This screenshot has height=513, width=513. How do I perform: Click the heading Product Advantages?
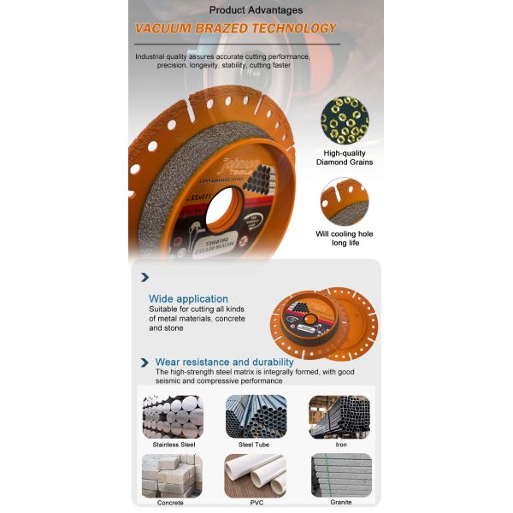coord(256,10)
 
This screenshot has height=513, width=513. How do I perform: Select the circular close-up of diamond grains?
coord(345,121)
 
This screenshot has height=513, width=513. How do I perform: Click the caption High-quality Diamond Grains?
coord(345,157)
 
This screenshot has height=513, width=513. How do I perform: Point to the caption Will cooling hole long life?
coord(345,238)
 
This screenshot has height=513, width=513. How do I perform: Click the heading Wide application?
coord(188,298)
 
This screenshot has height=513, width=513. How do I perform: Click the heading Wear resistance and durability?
coord(224,363)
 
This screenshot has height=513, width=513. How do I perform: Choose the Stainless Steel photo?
coord(174,416)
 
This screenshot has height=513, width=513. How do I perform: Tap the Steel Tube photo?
coord(256,416)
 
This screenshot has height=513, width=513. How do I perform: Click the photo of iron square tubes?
coord(339,416)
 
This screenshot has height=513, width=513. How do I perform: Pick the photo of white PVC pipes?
coord(256,475)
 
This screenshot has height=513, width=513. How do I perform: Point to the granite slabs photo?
coord(340,475)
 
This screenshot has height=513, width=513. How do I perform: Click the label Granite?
coord(340,502)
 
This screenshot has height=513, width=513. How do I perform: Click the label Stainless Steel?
coord(174,445)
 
